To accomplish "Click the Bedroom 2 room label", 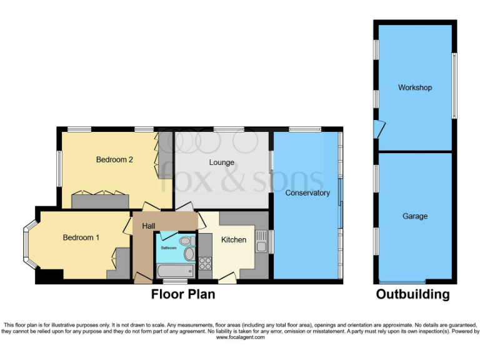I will coord(114,159).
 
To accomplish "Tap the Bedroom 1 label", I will coord(81,237).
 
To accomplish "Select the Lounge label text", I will coord(221,162).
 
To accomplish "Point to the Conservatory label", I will coord(307,192).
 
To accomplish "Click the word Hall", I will coord(148,226).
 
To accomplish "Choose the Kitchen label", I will coord(234,239).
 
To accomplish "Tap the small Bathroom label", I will coord(169,247).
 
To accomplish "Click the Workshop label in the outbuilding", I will coord(414,87).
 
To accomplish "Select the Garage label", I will coord(415,216).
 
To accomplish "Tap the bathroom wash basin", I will coord(189,253).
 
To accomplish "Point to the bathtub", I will coord(174,271).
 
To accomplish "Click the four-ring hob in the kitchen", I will coord(205,264).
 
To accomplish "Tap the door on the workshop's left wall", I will coord(377,129).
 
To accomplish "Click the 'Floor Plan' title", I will coord(183,294).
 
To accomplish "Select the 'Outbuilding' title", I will coord(412,294).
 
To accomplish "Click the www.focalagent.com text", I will coord(241,337).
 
